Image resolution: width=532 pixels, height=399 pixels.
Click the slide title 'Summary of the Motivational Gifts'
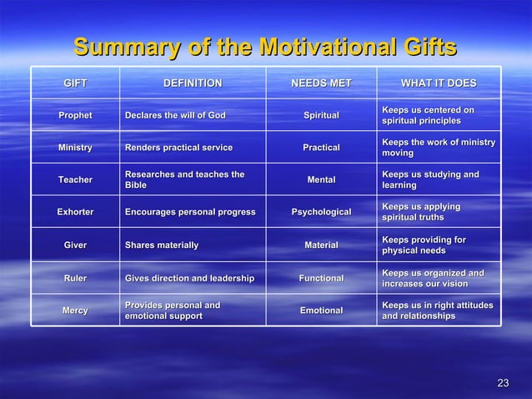(x=265, y=45)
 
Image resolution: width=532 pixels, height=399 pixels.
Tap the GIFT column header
(x=75, y=83)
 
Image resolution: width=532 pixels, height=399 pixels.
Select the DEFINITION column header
(x=193, y=83)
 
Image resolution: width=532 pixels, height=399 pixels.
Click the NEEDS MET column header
(x=321, y=83)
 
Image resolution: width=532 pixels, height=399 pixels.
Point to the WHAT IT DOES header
(x=439, y=83)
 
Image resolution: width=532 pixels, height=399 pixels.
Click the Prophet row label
(x=75, y=115)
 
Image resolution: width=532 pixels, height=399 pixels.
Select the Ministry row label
(x=75, y=148)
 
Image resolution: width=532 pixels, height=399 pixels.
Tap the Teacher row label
(x=75, y=179)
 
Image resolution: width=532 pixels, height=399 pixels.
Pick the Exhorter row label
(x=75, y=212)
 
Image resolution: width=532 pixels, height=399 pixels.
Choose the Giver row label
(x=75, y=245)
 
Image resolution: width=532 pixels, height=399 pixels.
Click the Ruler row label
(x=75, y=278)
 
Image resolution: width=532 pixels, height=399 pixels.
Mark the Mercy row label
(x=75, y=311)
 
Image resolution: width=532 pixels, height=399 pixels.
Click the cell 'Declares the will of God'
(x=175, y=115)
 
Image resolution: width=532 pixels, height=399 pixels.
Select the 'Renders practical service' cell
(x=178, y=148)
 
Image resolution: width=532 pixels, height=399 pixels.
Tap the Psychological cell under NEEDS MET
(x=321, y=212)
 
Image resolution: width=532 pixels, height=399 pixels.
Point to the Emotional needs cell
(x=321, y=311)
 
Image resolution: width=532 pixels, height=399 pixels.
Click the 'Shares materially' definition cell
(x=162, y=245)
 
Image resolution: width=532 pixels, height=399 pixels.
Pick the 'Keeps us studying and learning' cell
(x=430, y=179)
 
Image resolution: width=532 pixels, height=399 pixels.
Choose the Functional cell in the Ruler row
(x=321, y=278)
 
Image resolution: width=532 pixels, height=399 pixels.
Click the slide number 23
(x=502, y=383)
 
